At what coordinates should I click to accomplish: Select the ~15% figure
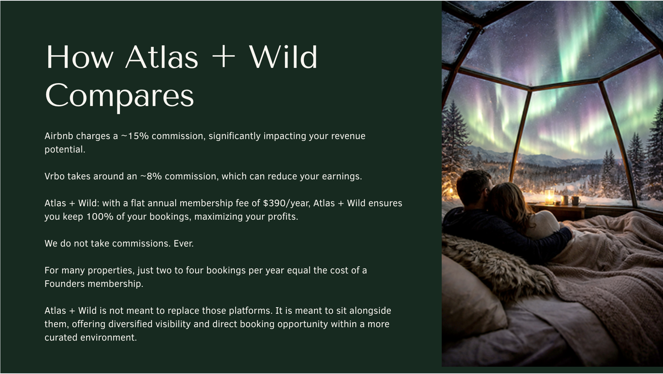point(135,136)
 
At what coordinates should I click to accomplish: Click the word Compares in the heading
point(120,95)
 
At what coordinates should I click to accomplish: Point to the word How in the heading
point(80,57)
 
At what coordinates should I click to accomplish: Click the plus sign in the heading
point(223,57)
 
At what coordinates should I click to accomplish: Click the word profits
point(283,216)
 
